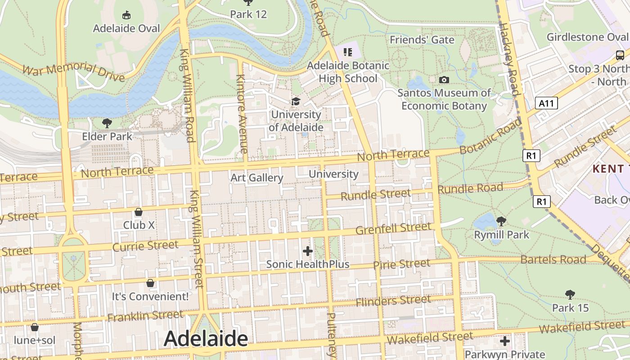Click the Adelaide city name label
pyautogui.click(x=206, y=339)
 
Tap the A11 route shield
pyautogui.click(x=547, y=103)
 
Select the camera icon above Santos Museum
pyautogui.click(x=444, y=80)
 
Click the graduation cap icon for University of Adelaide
pyautogui.click(x=296, y=102)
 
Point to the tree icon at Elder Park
pyautogui.click(x=107, y=123)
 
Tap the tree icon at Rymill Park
pyautogui.click(x=501, y=221)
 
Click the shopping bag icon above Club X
pyautogui.click(x=139, y=211)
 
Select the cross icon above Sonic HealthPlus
pyautogui.click(x=308, y=251)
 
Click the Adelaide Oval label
pyautogui.click(x=126, y=28)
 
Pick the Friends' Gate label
pyautogui.click(x=422, y=40)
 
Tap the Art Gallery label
pyautogui.click(x=257, y=178)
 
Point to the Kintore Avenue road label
pyautogui.click(x=242, y=114)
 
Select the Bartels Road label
pyautogui.click(x=553, y=259)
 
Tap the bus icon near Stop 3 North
pyautogui.click(x=620, y=55)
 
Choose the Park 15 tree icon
pyautogui.click(x=570, y=295)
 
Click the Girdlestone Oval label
pyautogui.click(x=587, y=37)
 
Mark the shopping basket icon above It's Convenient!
pyautogui.click(x=150, y=283)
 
